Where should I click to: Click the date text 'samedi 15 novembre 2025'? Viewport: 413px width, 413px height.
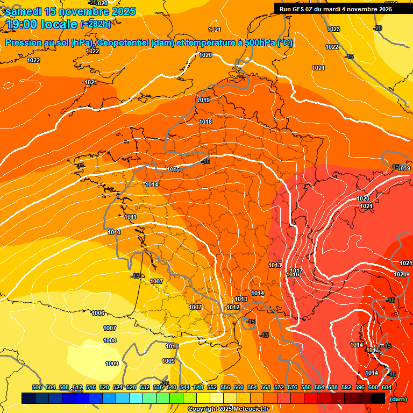coord(70,11)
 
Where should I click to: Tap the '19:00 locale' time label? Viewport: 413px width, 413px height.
coord(42,24)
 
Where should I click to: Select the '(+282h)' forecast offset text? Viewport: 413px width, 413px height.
coord(96,24)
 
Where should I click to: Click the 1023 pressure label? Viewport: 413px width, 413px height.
coord(333,29)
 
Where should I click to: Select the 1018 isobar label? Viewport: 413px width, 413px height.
coord(206,122)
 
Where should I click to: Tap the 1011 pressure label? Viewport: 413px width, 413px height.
coord(130,217)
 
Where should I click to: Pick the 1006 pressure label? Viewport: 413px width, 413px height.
coord(98,313)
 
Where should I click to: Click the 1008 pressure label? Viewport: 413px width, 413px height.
coord(110,340)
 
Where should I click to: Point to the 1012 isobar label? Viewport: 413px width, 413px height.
coord(233,307)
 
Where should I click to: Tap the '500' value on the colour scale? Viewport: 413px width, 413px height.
coord(37,387)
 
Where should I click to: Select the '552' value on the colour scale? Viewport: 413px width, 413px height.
coord(212,387)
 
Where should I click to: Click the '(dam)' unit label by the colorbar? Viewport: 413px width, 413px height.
coord(398,399)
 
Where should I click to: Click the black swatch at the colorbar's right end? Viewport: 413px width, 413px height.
coord(378,398)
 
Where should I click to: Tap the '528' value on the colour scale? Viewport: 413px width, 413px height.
coord(131,387)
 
